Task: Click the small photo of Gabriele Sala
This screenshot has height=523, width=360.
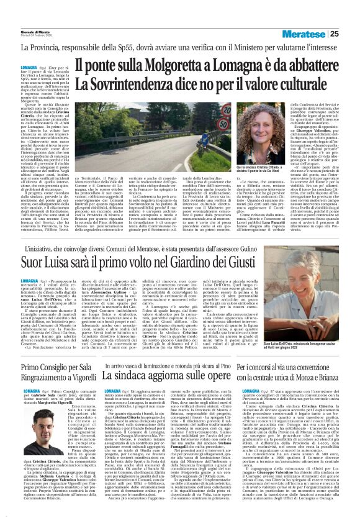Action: point(32,442)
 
